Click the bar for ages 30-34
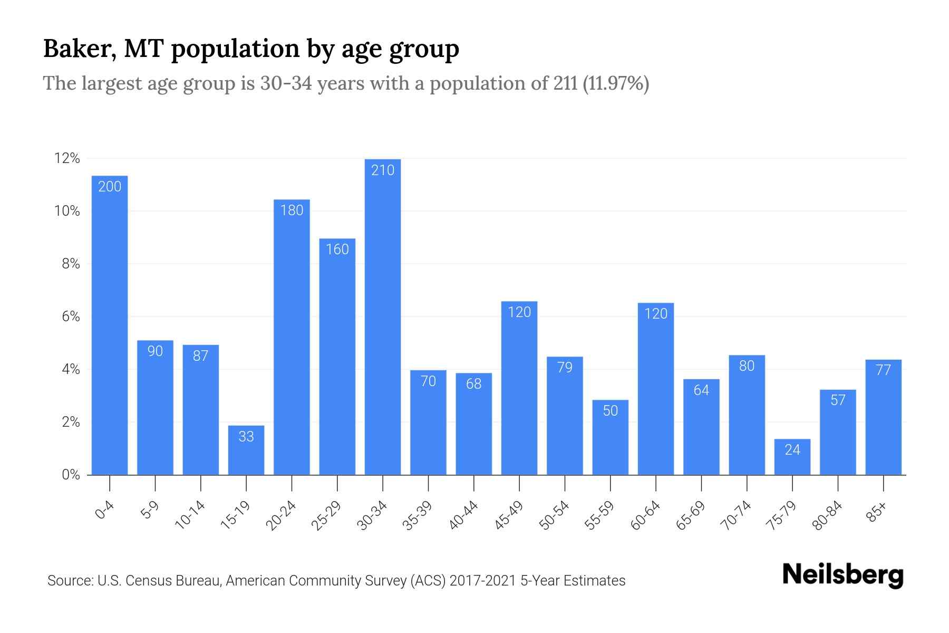[x=383, y=316]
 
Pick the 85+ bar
[x=883, y=417]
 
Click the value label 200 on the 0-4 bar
[x=110, y=187]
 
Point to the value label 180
[x=292, y=210]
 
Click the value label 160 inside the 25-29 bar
[x=337, y=250]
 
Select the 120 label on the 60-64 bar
[x=656, y=314]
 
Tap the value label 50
[x=610, y=411]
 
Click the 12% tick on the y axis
[x=67, y=158]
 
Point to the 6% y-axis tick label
[x=71, y=316]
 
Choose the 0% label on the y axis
[x=71, y=475]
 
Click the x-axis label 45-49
[x=509, y=515]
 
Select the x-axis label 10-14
[x=190, y=515]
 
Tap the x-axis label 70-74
[x=737, y=515]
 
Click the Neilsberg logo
[x=843, y=575]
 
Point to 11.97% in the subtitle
[x=616, y=83]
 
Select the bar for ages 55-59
[x=610, y=438]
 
